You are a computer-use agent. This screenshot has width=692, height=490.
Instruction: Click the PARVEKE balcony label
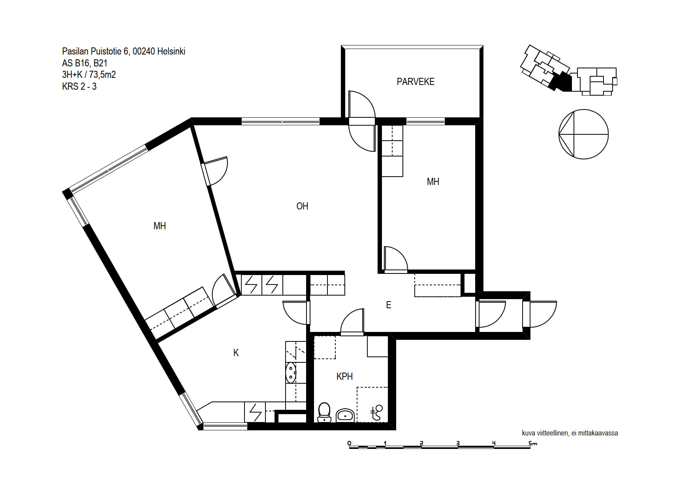coord(416,82)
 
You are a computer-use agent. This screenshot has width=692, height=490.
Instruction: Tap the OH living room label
coord(302,206)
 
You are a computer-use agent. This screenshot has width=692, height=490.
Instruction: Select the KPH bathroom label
coord(344,377)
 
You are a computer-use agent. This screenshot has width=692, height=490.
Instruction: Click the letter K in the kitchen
coord(236,353)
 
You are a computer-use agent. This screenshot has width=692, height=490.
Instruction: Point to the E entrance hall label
coord(389,305)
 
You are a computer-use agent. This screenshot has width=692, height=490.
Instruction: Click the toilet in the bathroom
coord(324,412)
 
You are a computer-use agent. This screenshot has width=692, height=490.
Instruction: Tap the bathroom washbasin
coord(345,415)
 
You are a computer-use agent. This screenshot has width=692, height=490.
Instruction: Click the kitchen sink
coord(291,373)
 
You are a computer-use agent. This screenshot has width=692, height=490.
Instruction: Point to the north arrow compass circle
coord(583,134)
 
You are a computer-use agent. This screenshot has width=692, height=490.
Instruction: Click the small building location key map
coord(569,70)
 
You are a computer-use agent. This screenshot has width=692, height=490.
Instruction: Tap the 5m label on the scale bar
coord(533,443)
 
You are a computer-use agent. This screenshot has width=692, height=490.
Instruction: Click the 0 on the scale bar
coord(349,443)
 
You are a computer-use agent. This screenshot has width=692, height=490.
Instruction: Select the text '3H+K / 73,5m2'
coord(89,75)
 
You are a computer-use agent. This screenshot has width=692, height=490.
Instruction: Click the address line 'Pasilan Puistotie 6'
coord(96,51)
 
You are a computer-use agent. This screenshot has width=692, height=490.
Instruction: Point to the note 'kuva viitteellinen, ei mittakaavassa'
coord(570,433)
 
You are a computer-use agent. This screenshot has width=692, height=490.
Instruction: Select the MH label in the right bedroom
coord(433,182)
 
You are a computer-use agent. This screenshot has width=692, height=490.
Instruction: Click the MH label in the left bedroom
coord(160,226)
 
